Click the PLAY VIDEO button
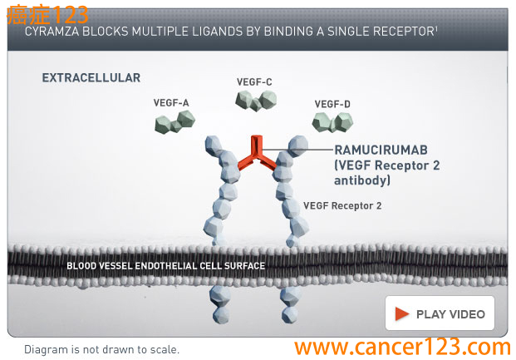tap(440, 313)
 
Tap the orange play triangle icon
tap(402, 313)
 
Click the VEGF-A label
tap(171, 102)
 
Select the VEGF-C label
tap(254, 81)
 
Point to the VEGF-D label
tap(332, 103)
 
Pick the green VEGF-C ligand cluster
tap(255, 101)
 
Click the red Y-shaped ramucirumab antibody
tap(259, 154)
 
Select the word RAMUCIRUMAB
tap(382, 150)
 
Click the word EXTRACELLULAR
tap(91, 78)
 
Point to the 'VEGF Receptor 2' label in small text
tap(342, 205)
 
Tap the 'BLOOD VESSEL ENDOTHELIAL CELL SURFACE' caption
tap(165, 266)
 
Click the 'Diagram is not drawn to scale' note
tap(101, 349)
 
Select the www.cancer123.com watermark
tap(402, 347)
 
